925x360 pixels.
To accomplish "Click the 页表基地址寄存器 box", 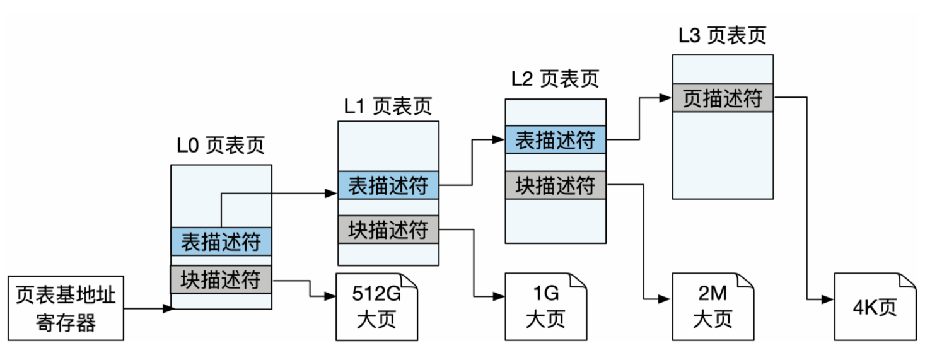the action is click(66, 308).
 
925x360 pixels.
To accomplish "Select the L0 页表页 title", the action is click(221, 145).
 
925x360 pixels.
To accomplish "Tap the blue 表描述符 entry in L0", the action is click(221, 241).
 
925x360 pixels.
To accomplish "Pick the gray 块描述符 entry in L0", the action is click(221, 279).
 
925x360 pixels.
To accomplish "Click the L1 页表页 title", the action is click(388, 106).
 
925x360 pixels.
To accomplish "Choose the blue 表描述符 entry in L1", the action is click(388, 185).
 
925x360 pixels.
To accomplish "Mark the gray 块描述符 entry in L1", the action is click(388, 229).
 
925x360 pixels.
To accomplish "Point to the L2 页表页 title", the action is click(555, 78).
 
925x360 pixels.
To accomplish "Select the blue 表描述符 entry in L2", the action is click(556, 139).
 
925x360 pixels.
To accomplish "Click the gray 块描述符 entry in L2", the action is click(556, 185).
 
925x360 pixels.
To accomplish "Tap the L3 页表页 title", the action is click(722, 35).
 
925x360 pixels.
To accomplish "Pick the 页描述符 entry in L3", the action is click(723, 98).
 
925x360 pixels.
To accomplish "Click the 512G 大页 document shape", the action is click(376, 307).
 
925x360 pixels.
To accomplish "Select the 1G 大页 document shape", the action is click(546, 307).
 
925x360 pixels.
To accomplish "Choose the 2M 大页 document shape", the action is click(713, 307).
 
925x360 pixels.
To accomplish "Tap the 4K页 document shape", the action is click(875, 307).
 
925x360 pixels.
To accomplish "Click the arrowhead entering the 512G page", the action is click(330, 296).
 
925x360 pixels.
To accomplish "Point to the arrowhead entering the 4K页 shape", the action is click(829, 299).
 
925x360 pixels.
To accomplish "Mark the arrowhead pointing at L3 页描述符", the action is click(666, 98).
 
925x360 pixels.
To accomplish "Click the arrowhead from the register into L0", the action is click(168, 308).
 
